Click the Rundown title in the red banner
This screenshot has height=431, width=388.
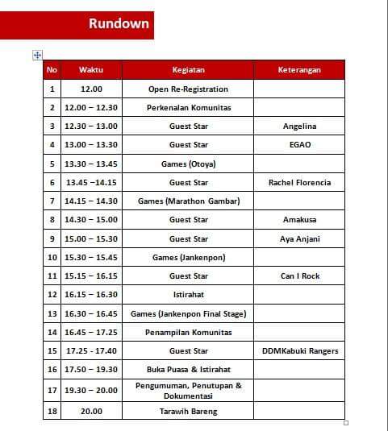tap(119, 23)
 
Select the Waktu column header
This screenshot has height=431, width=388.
tap(91, 70)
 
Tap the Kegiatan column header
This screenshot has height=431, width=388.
tap(188, 70)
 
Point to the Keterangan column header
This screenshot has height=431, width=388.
tap(299, 70)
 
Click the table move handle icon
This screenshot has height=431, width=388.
tap(37, 55)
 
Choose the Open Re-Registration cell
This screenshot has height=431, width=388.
tap(188, 89)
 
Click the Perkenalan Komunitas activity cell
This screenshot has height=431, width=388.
tap(188, 107)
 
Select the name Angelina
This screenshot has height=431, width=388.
tap(299, 126)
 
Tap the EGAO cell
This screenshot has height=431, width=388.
tap(299, 145)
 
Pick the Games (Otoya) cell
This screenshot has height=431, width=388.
tap(188, 164)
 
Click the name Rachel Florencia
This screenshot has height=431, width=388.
tap(299, 182)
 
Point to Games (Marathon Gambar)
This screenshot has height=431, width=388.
tap(188, 201)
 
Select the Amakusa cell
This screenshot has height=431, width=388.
tap(299, 219)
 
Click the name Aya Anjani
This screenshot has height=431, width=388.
tap(299, 238)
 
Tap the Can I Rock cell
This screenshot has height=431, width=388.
tap(299, 276)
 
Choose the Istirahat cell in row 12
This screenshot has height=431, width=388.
tap(188, 295)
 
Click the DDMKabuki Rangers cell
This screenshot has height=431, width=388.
tap(299, 350)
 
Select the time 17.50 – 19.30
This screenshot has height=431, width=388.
tap(91, 369)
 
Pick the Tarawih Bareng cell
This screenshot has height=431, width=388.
tap(188, 411)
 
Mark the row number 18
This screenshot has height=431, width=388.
tap(52, 411)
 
